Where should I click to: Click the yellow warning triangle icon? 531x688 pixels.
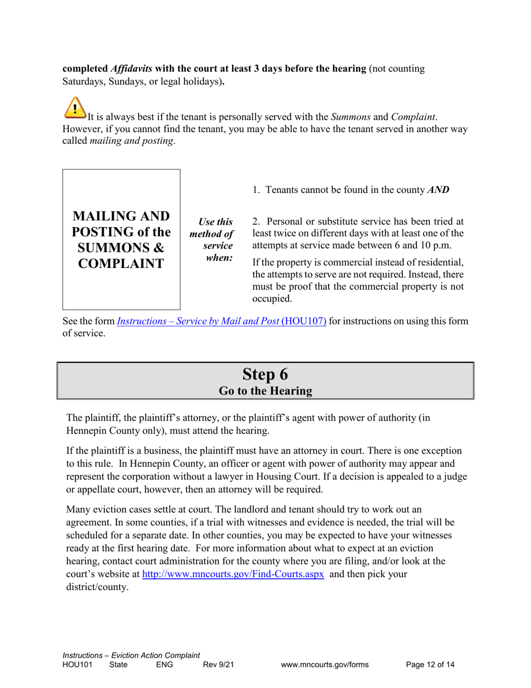pos(75,108)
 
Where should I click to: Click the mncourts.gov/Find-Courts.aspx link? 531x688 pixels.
pos(233,574)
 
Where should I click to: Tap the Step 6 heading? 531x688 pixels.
pos(265,374)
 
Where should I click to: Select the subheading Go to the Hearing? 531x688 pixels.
pos(265,391)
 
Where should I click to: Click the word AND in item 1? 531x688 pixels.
pos(438,190)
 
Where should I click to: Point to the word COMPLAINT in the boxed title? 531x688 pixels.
pos(121,263)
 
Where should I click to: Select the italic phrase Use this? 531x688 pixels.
pos(215,222)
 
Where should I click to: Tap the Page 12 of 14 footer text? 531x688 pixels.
pos(430,665)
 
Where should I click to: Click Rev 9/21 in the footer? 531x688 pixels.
pos(218,665)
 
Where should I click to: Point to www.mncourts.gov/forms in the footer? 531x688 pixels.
pos(325,665)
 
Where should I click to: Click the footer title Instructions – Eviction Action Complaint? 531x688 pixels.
pos(131,656)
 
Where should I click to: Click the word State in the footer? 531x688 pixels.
pos(118,665)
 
